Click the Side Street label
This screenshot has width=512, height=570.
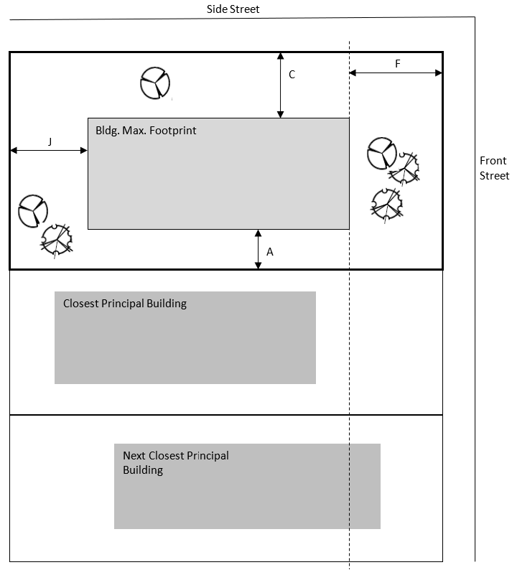click(x=233, y=9)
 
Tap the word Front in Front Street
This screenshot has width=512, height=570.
click(x=493, y=161)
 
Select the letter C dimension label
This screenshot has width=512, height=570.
click(x=292, y=75)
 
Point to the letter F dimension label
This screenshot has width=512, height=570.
click(x=397, y=63)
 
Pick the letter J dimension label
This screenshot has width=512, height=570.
click(x=50, y=141)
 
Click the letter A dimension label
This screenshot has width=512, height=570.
click(x=270, y=252)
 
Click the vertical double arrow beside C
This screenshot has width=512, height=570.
click(x=280, y=85)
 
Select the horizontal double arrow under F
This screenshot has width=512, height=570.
click(x=395, y=73)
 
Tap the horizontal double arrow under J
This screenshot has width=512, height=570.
click(x=49, y=150)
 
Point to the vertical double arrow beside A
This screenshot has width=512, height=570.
click(x=259, y=249)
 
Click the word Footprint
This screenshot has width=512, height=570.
click(x=172, y=131)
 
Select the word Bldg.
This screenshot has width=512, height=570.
click(x=107, y=131)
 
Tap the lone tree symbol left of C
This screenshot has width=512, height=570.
click(x=154, y=83)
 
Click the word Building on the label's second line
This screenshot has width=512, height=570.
click(x=143, y=470)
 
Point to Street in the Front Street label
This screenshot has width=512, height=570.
click(x=494, y=176)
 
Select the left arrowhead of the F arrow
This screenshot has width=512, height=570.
click(x=353, y=73)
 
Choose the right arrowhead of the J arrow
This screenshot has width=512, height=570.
click(x=84, y=150)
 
